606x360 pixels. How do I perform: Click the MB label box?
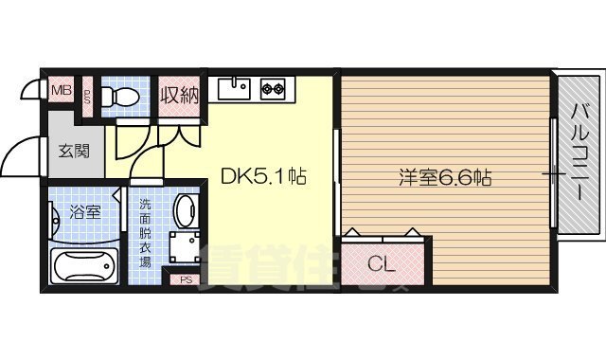point(61,91)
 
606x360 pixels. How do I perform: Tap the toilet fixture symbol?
point(120,96)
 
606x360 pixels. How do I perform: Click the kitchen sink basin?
point(233,89)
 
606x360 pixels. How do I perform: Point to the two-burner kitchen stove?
point(273,89)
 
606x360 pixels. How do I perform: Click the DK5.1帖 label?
point(263,176)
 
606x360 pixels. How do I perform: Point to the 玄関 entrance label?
point(74,150)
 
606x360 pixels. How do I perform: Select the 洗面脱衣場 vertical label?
point(146,233)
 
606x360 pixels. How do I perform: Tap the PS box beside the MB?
point(86,97)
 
